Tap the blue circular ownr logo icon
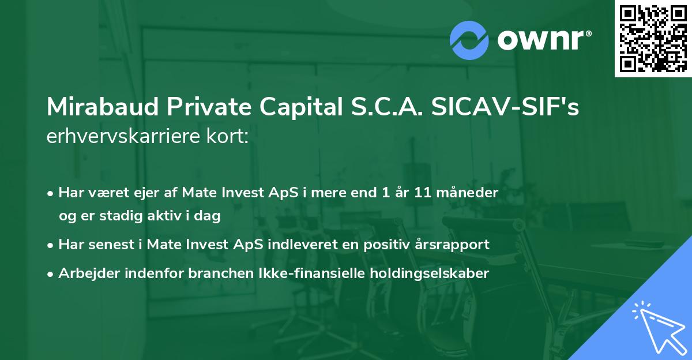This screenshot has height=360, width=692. click(469, 40)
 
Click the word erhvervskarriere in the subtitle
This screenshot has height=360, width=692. click(122, 138)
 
